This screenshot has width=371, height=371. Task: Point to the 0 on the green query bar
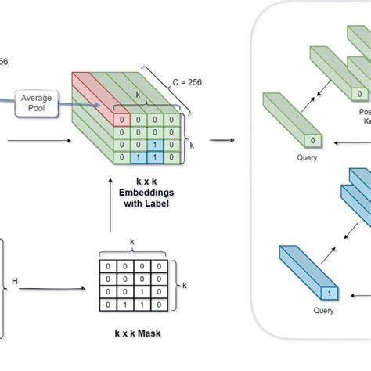[x=313, y=140]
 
